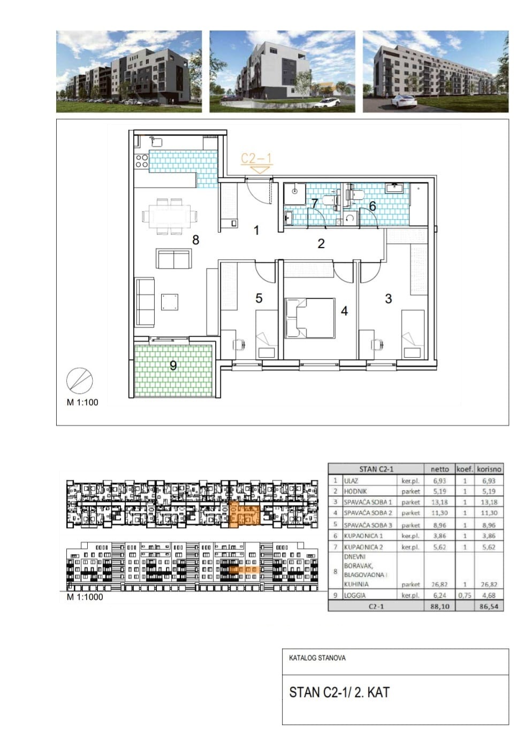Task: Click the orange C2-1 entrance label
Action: (256, 158)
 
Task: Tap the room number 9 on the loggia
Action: (173, 366)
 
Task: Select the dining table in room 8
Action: (170, 216)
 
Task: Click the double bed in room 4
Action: (310, 318)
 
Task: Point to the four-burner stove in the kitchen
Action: (142, 161)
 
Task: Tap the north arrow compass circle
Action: (80, 381)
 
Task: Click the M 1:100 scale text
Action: (82, 403)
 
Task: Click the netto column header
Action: (439, 469)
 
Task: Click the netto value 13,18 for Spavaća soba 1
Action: (439, 502)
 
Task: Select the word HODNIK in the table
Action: (355, 491)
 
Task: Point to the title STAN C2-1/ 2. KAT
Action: (339, 692)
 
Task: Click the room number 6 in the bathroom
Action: (372, 206)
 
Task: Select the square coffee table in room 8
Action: (170, 302)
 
